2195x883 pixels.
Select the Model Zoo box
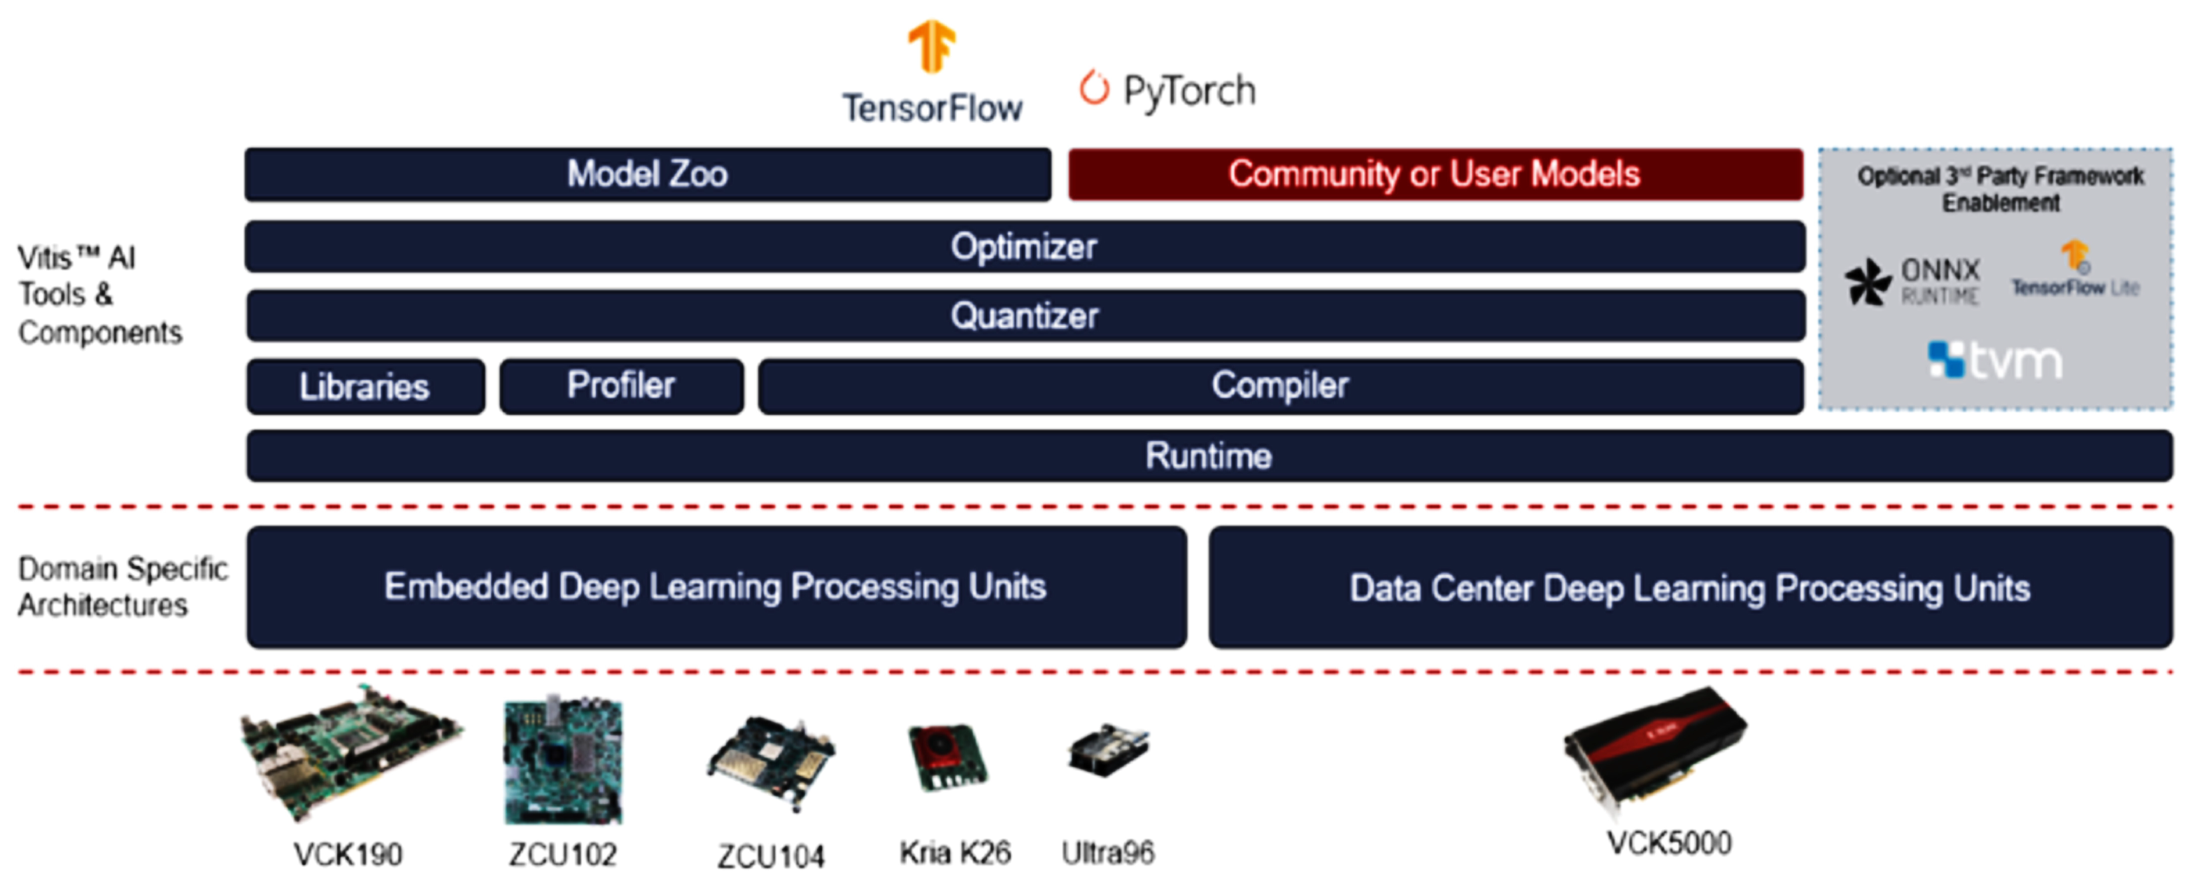(648, 175)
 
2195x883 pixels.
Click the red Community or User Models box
(1435, 175)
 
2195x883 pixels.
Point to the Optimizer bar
(1024, 247)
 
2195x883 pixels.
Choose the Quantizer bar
(1024, 316)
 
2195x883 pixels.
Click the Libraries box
(364, 387)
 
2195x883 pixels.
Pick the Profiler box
(621, 386)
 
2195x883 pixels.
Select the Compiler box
(1280, 386)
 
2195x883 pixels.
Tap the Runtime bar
(1208, 456)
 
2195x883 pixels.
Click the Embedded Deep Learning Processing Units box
(716, 587)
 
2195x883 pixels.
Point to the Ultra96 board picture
(1108, 751)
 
